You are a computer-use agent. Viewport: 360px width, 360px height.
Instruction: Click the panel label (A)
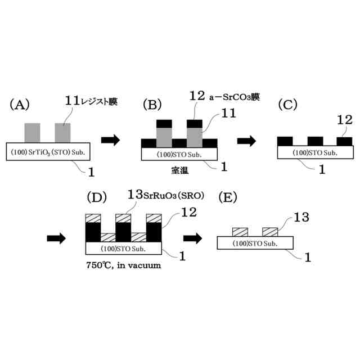pos(19,105)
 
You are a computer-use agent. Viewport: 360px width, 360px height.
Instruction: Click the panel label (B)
pos(153,105)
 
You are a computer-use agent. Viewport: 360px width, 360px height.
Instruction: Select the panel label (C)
pos(289,105)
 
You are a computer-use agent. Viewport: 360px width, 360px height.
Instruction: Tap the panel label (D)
pos(96,199)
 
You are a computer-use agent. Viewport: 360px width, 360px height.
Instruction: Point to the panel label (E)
pos(227,199)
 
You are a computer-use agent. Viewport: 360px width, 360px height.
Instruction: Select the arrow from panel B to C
pos(246,141)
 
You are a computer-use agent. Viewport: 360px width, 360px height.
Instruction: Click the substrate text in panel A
pos(51,152)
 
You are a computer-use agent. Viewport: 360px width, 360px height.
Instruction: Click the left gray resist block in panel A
pos(33,133)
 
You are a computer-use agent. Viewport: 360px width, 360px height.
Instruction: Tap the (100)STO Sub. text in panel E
pos(254,243)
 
